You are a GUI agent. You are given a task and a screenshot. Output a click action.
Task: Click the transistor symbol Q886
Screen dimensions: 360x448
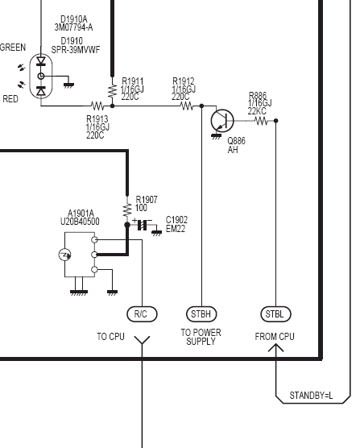pos(222,121)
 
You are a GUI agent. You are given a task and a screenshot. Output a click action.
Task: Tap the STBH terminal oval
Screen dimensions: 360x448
pos(201,314)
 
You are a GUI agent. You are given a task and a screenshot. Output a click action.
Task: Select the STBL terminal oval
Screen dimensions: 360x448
pos(275,314)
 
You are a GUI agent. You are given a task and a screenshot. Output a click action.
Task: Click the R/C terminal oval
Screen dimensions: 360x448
pos(142,314)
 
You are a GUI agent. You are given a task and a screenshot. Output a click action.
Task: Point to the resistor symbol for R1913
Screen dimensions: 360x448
pos(97,106)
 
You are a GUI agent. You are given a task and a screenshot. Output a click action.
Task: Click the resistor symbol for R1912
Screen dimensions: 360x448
pos(187,106)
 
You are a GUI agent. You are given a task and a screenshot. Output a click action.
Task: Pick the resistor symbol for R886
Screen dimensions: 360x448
pos(261,121)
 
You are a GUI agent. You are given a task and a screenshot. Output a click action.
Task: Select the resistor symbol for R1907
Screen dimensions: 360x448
pos(127,210)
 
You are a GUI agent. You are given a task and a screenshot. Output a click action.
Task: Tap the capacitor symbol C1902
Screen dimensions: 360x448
pos(143,225)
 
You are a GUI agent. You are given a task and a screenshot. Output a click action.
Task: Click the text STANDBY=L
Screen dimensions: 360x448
pos(311,396)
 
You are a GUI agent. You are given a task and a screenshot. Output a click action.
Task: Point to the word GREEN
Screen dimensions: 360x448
pos(13,48)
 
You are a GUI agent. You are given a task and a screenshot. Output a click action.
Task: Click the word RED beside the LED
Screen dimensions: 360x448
pos(10,99)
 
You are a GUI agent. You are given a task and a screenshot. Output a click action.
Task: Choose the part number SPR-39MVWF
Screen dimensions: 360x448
pos(76,50)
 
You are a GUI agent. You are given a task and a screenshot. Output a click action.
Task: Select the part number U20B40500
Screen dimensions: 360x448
pos(80,222)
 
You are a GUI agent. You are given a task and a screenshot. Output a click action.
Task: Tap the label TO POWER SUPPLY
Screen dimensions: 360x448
pos(201,337)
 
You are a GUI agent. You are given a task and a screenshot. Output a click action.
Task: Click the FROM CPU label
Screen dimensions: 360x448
pos(275,337)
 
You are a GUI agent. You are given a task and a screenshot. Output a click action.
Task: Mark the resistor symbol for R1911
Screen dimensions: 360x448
pos(113,91)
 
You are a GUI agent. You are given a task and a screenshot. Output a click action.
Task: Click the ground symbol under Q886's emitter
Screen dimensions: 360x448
pos(216,136)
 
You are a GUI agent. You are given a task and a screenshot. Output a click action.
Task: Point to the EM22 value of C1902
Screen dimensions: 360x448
pos(176,229)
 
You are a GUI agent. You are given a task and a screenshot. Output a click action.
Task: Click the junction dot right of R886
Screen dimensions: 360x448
pos(275,121)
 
